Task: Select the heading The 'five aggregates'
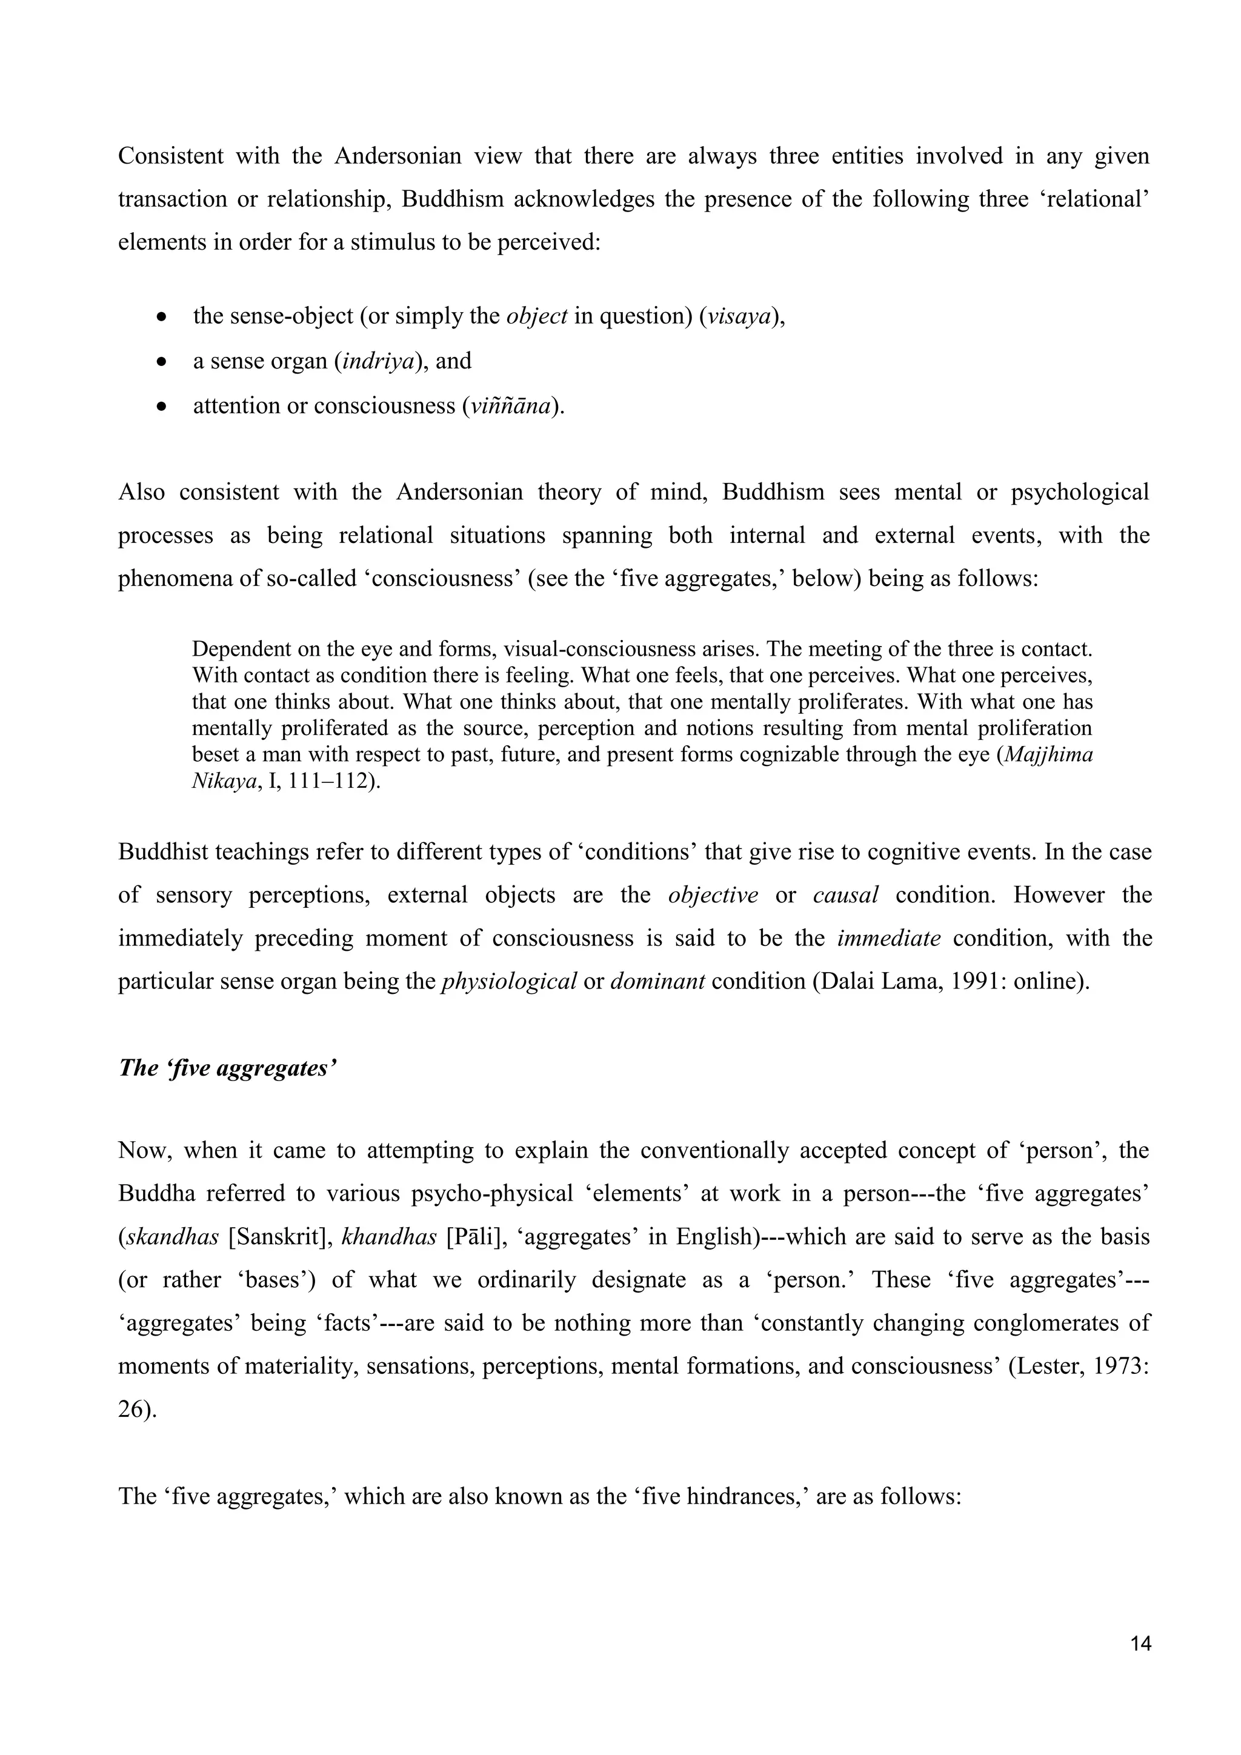coord(227,1068)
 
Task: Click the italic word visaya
coord(738,316)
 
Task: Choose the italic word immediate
coord(889,938)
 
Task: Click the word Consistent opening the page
coord(170,156)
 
